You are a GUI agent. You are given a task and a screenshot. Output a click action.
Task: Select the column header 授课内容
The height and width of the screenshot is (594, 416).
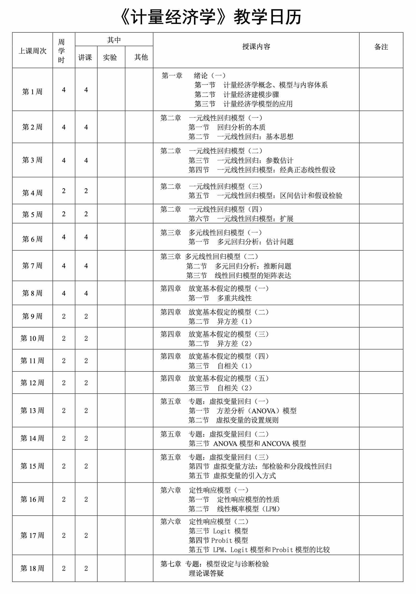pyautogui.click(x=256, y=47)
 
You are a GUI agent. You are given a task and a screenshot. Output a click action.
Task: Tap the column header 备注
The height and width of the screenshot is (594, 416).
pyautogui.click(x=381, y=47)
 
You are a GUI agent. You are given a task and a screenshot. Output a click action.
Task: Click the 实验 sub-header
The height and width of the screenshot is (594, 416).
pyautogui.click(x=110, y=57)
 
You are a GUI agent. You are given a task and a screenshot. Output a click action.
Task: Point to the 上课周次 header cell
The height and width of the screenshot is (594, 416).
pyautogui.click(x=32, y=51)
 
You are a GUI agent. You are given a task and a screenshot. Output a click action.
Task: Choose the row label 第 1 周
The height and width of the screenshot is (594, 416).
pyautogui.click(x=32, y=92)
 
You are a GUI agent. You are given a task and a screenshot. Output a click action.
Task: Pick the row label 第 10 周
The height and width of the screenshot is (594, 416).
pyautogui.click(x=32, y=338)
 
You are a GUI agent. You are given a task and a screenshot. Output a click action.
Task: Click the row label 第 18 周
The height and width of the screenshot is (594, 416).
pyautogui.click(x=32, y=569)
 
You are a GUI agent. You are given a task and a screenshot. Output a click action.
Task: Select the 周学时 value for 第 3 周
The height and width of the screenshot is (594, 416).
pyautogui.click(x=64, y=160)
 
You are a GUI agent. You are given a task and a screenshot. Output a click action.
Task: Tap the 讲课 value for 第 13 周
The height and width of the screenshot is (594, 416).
pyautogui.click(x=86, y=410)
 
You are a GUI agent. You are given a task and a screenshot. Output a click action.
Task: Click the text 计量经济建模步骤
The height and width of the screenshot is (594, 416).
pyautogui.click(x=251, y=95)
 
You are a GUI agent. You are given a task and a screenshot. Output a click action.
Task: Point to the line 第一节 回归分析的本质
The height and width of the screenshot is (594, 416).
pyautogui.click(x=227, y=127)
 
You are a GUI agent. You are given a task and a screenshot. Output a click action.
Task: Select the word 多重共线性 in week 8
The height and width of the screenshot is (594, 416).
pyautogui.click(x=234, y=298)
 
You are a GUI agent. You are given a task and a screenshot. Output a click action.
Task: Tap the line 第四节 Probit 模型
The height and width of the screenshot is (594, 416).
pyautogui.click(x=218, y=540)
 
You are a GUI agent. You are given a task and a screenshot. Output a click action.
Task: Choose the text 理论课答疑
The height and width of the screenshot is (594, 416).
pyautogui.click(x=206, y=573)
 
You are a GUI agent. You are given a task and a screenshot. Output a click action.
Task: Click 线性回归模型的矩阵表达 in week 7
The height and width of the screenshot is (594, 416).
pyautogui.click(x=253, y=275)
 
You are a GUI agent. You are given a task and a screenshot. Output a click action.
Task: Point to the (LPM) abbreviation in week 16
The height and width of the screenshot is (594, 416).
pyautogui.click(x=271, y=509)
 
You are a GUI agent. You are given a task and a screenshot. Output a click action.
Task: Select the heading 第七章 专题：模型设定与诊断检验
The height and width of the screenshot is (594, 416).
pyautogui.click(x=214, y=564)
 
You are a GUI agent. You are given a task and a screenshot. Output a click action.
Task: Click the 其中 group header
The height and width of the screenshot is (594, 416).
pyautogui.click(x=114, y=40)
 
